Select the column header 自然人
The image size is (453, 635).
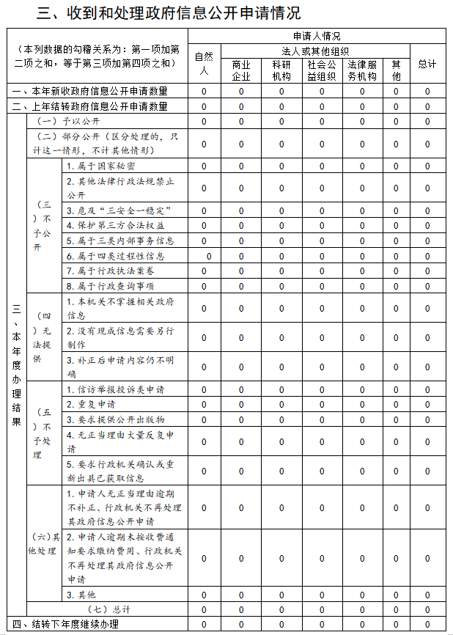click(x=204, y=64)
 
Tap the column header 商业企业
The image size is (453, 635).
click(x=241, y=70)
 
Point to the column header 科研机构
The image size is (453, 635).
click(x=281, y=70)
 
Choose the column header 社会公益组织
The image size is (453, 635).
click(x=322, y=70)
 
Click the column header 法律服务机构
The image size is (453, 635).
click(x=362, y=70)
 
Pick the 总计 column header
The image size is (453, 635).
click(x=427, y=64)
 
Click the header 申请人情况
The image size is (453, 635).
click(x=317, y=35)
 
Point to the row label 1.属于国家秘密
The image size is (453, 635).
click(x=101, y=166)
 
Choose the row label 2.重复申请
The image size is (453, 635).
click(x=91, y=404)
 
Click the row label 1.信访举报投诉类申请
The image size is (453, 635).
click(x=116, y=389)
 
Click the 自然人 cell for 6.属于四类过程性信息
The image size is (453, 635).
click(x=209, y=256)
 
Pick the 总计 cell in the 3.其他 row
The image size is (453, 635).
click(x=427, y=594)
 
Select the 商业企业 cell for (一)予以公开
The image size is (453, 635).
click(x=241, y=121)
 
